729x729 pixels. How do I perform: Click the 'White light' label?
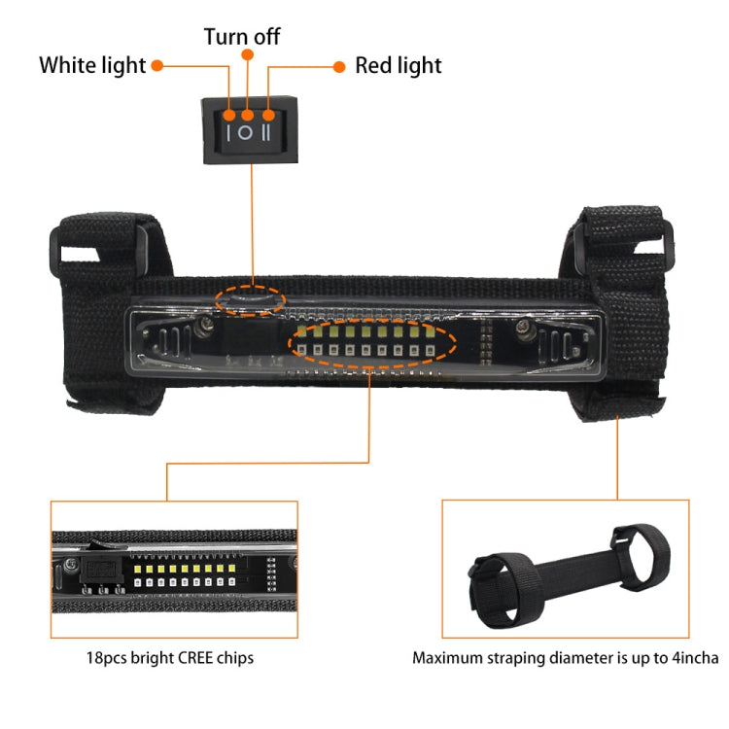pos(92,66)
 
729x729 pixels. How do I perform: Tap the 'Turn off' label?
pos(242,37)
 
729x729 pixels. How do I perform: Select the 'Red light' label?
pos(398,66)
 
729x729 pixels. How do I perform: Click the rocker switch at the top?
pos(250,128)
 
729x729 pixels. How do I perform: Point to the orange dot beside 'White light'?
pos(156,66)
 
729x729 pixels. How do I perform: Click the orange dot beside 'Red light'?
pos(339,66)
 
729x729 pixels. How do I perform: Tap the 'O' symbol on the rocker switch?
pos(248,132)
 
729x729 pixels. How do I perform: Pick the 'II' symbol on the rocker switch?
pos(267,132)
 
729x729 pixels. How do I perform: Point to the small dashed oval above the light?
pos(250,298)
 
